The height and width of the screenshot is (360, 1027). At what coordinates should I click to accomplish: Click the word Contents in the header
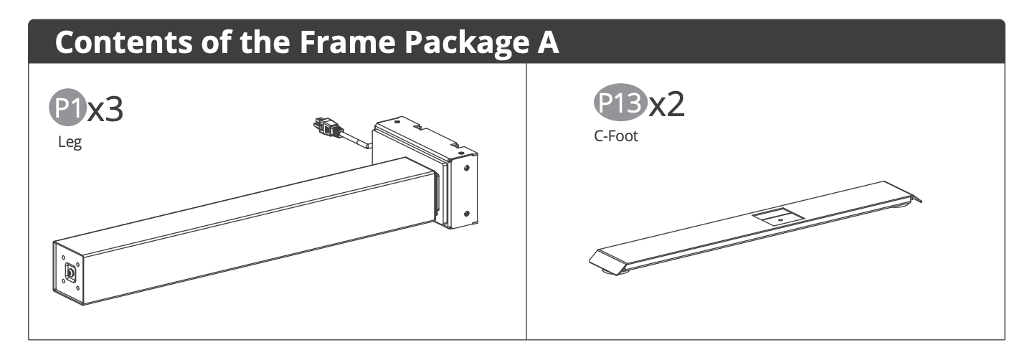123,42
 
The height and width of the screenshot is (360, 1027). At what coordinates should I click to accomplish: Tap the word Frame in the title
348,42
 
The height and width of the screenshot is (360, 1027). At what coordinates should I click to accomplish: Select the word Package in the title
468,43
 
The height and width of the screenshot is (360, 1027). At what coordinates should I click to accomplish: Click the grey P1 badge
68,108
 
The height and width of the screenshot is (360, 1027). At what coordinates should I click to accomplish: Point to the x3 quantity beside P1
105,109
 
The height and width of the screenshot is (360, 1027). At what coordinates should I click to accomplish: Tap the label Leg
70,142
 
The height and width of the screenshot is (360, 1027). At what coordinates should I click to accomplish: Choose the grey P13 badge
620,103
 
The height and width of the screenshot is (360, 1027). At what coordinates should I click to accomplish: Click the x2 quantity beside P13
667,104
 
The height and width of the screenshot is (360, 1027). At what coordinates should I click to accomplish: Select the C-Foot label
616,136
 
